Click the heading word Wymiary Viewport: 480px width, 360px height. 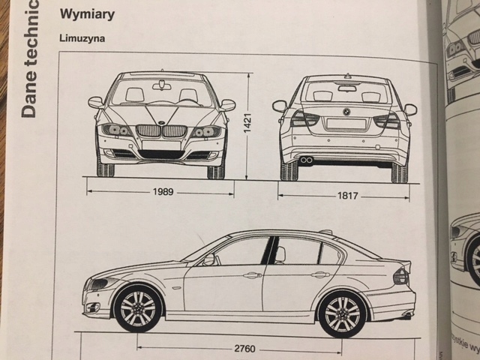click(86, 14)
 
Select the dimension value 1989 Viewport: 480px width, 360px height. click(163, 192)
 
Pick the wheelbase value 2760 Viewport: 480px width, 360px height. click(244, 349)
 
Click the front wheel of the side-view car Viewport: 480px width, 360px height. click(138, 308)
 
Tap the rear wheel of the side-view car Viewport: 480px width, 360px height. click(343, 313)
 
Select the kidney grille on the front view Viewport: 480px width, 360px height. click(163, 130)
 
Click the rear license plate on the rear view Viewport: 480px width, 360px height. click(346, 124)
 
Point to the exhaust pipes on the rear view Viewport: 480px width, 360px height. click(307, 160)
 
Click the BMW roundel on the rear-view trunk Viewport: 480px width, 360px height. click(346, 111)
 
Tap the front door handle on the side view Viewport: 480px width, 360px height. click(252, 275)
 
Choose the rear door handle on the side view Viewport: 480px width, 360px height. click(320, 275)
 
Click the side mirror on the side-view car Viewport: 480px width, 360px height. click(208, 259)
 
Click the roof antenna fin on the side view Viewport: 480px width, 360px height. click(325, 232)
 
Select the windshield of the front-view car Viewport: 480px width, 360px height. click(162, 92)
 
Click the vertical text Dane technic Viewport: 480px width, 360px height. click(28, 60)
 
